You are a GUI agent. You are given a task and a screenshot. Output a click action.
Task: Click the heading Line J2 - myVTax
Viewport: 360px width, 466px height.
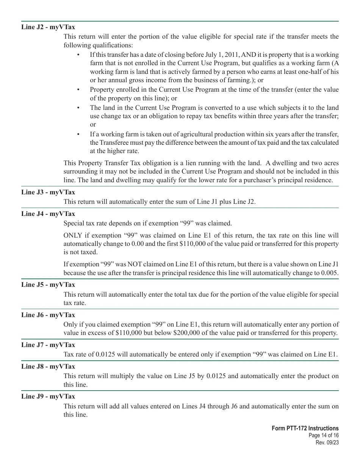click(x=48, y=27)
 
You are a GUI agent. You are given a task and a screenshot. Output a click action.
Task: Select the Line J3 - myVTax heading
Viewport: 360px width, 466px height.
click(x=48, y=192)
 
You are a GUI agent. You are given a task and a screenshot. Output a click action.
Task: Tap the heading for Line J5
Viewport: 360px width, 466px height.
click(x=48, y=285)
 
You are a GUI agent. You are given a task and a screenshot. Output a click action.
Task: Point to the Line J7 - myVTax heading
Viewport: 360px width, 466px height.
click(x=48, y=345)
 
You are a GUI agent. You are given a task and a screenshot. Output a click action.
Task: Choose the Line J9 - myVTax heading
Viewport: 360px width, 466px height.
click(x=48, y=397)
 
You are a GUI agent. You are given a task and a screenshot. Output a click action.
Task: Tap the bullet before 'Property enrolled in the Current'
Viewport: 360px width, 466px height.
click(x=78, y=90)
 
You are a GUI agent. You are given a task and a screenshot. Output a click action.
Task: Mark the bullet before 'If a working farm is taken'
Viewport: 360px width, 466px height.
click(x=78, y=134)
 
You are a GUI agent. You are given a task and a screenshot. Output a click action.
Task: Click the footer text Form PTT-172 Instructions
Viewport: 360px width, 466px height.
click(x=305, y=428)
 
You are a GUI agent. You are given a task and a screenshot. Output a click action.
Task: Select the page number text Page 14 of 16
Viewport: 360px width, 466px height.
click(x=324, y=435)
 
